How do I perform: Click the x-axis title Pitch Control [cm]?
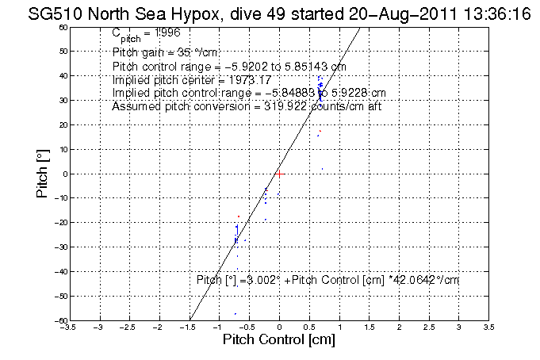click(x=278, y=340)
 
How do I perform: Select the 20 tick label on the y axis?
click(x=61, y=124)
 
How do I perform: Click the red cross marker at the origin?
click(x=279, y=173)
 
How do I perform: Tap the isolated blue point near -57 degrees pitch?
click(x=236, y=314)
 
